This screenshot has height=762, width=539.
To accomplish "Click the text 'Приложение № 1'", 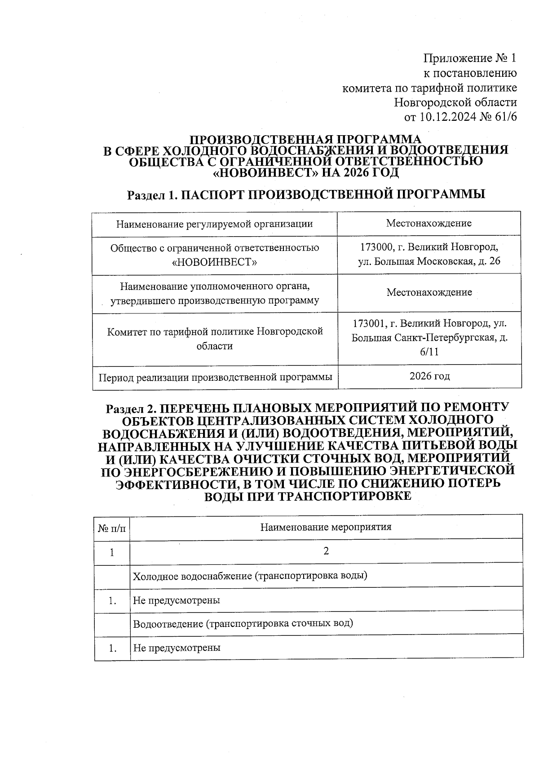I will [470, 58].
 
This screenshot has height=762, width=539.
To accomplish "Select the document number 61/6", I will [505, 117].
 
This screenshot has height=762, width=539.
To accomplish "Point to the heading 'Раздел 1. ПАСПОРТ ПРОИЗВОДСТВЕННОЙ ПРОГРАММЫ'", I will [306, 194].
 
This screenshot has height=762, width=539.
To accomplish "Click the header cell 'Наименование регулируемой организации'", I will [214, 224].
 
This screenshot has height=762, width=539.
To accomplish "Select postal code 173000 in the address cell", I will [375, 247].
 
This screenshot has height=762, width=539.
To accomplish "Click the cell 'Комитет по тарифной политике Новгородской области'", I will [215, 339].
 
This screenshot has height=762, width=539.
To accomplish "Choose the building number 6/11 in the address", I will [429, 352].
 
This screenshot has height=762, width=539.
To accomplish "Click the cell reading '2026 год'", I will [429, 376].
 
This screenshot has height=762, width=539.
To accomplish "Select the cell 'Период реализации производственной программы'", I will [215, 377].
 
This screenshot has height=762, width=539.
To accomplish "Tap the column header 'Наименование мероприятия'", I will [326, 527].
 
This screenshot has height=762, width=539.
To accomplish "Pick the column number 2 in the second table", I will [326, 551].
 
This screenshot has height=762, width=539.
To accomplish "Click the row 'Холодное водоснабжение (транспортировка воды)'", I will [250, 576].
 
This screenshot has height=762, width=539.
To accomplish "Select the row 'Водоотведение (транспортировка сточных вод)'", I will [243, 623].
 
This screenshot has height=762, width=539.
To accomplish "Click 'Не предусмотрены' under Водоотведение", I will [177, 647].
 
